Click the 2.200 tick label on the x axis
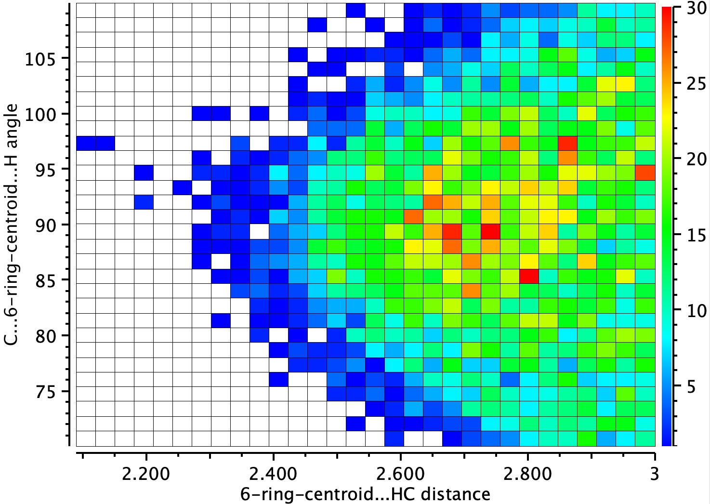click(146, 474)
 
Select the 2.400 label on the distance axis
click(273, 474)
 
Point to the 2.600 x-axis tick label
click(401, 474)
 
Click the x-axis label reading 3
click(655, 474)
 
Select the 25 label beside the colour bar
click(692, 83)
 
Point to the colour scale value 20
click(692, 159)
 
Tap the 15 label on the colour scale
click(692, 235)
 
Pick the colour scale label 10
click(692, 310)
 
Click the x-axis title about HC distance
click(365, 494)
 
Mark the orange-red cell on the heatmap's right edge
click(645, 172)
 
